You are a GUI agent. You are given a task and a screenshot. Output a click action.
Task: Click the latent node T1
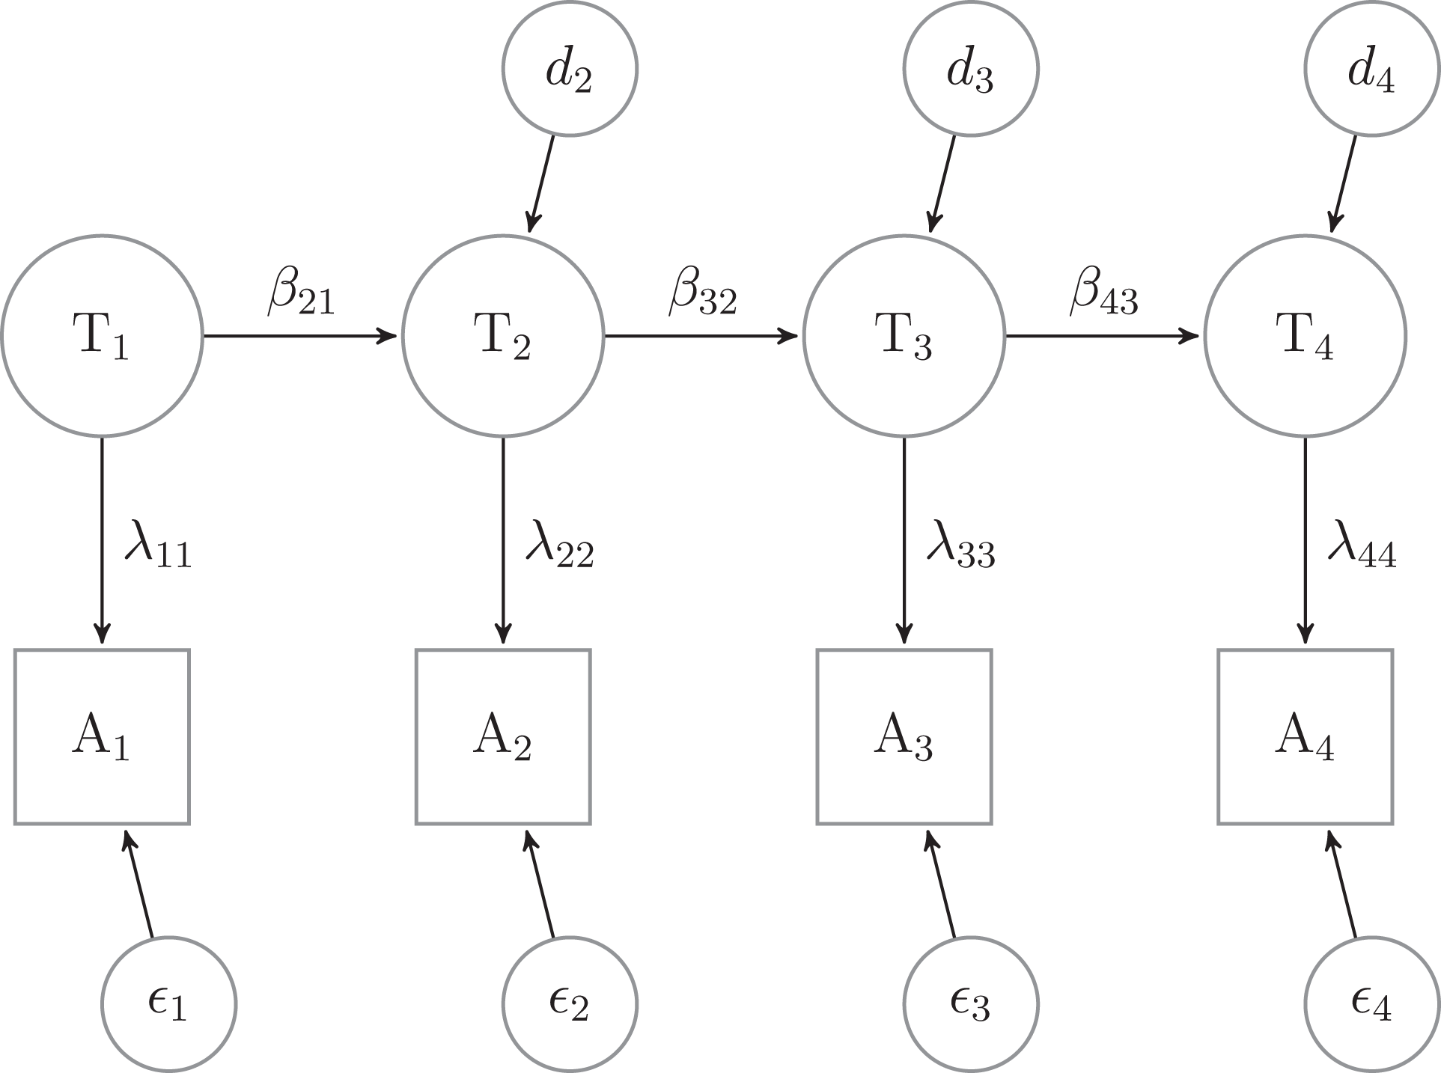click(102, 335)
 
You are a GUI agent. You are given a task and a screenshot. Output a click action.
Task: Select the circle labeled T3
click(904, 335)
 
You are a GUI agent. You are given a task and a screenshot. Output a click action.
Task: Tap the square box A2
click(503, 736)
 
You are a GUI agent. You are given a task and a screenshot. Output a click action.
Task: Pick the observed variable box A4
click(1306, 736)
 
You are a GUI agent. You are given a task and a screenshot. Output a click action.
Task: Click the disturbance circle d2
click(570, 69)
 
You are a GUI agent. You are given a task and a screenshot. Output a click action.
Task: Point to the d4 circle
click(1372, 69)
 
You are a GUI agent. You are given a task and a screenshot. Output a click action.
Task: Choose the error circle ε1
click(168, 1004)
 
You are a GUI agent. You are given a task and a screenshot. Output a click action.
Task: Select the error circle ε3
click(971, 1004)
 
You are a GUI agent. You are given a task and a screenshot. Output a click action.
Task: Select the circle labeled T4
click(1306, 335)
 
